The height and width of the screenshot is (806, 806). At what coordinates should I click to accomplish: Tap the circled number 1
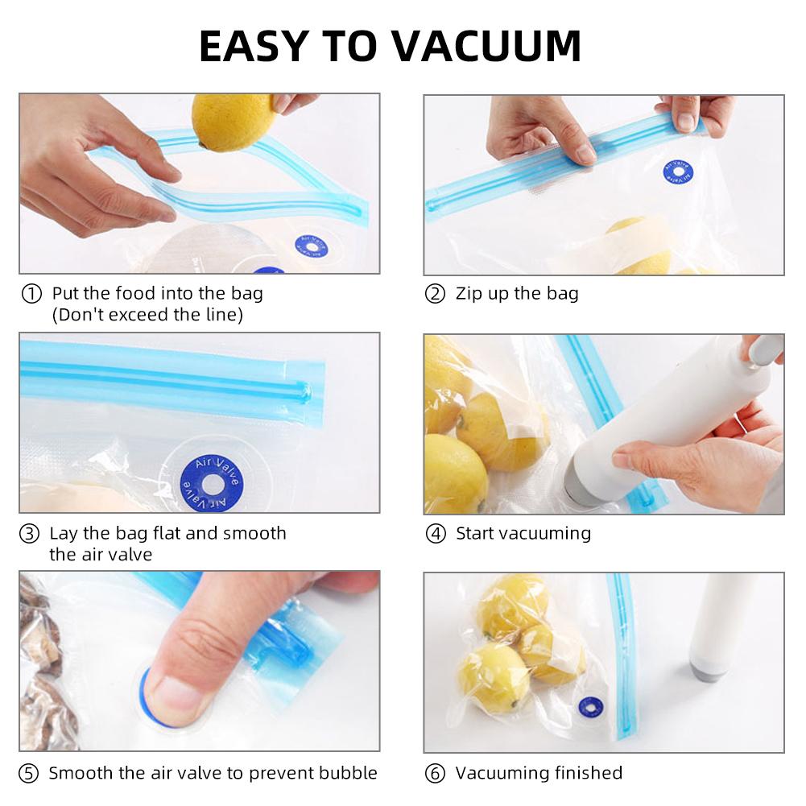coord(31,294)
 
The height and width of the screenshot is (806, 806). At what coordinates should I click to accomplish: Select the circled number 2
coord(435,294)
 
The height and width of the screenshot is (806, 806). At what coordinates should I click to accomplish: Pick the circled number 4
coord(436,534)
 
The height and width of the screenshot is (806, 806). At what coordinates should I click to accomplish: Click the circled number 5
coord(29,774)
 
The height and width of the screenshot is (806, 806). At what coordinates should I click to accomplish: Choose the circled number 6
coord(436,774)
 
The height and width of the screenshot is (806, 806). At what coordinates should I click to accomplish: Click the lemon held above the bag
coord(233,121)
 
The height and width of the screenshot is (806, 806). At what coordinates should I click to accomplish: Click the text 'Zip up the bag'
coord(517,294)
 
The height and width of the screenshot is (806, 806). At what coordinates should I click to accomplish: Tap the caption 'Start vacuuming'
coord(523,533)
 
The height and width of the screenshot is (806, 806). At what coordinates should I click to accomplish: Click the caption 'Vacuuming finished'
coord(539,773)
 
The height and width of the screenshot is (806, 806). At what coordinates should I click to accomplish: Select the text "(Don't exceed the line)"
coord(147,315)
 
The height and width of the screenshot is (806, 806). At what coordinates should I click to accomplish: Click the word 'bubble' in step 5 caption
coord(345,773)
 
